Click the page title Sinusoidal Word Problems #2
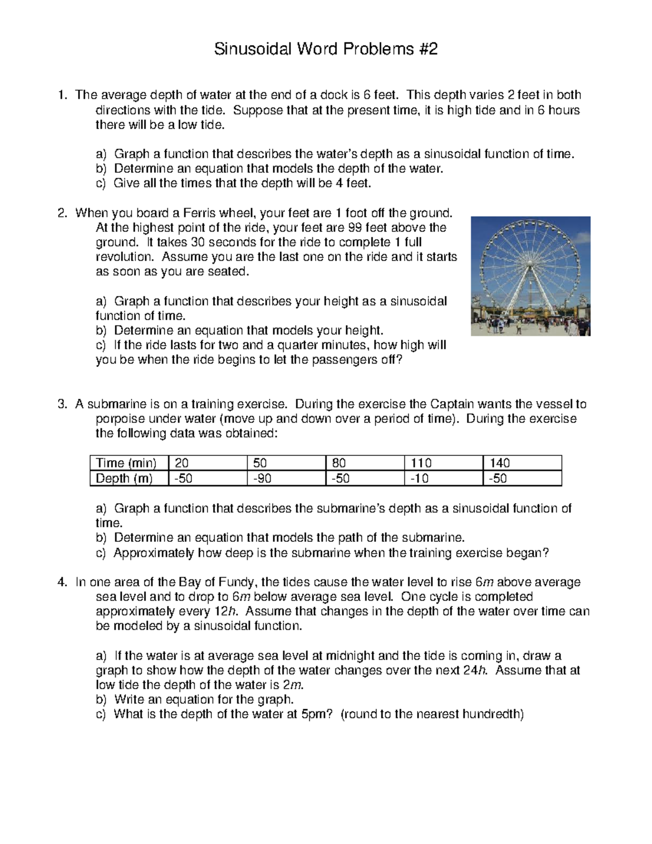pyautogui.click(x=325, y=49)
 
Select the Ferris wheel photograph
pyautogui.click(x=530, y=276)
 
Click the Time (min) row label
pyautogui.click(x=126, y=463)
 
